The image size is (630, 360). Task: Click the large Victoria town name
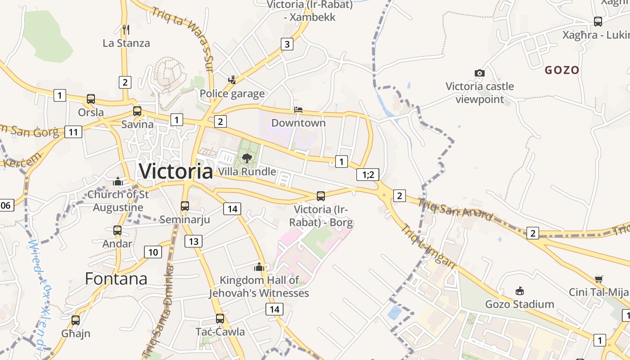(x=176, y=171)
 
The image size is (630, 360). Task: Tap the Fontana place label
(x=116, y=279)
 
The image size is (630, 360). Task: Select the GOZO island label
(x=562, y=70)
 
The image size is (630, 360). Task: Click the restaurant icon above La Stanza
(x=126, y=30)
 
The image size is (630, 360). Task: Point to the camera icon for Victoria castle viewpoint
(x=480, y=73)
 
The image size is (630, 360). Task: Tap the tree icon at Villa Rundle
(x=247, y=158)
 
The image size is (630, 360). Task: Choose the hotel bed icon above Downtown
(x=298, y=110)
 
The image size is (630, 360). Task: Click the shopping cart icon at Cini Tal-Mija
(x=598, y=279)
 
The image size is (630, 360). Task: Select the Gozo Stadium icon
(x=520, y=291)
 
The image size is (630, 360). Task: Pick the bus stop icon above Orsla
(x=91, y=99)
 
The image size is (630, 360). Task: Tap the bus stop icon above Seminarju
(x=185, y=206)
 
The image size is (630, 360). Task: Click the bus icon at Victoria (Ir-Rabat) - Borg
(x=321, y=196)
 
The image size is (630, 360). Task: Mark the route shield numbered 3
(x=287, y=44)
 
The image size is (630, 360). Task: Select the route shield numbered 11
(x=73, y=132)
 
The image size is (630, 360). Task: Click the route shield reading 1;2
(x=368, y=175)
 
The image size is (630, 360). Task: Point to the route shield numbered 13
(x=193, y=241)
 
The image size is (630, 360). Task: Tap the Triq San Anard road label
(x=455, y=210)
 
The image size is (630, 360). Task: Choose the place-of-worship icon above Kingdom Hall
(x=259, y=267)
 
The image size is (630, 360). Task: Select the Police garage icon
(x=232, y=80)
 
